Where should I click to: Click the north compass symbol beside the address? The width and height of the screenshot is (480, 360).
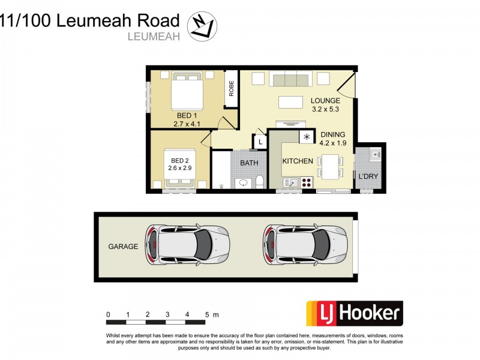point(202,27)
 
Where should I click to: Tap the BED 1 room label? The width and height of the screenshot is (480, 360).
point(185,115)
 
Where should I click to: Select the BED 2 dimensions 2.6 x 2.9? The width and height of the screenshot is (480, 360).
point(180,169)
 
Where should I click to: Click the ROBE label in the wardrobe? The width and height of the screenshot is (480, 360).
point(231,89)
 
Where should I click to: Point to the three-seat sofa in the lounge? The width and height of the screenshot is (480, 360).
point(290,80)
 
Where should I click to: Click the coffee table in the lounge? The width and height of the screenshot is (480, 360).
point(290,101)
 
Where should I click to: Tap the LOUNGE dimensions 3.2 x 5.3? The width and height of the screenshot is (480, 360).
point(326,109)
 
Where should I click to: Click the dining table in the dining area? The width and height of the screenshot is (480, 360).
point(329,166)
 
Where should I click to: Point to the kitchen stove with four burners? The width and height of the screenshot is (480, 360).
point(306,181)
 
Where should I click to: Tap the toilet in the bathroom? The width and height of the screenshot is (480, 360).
point(260,181)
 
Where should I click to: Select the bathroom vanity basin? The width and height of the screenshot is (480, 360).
point(244,182)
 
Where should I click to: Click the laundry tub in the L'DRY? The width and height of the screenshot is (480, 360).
point(375,155)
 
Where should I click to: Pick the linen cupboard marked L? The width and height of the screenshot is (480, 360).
point(260,142)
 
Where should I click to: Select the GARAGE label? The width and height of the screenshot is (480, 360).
point(123,247)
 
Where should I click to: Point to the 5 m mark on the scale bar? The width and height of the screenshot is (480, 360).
point(207,314)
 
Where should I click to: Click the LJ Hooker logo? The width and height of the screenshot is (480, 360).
point(355,314)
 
